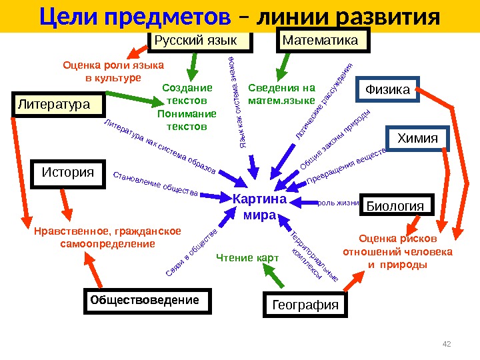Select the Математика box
click(x=322, y=41)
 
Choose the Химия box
click(x=418, y=139)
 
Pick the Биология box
click(x=397, y=206)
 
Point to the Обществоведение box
click(x=145, y=301)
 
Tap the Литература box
click(x=60, y=105)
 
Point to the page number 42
click(x=447, y=343)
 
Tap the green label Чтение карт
click(x=243, y=258)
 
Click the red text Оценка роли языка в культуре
click(x=113, y=71)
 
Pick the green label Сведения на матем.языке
click(x=281, y=95)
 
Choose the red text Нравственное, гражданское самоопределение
click(x=107, y=238)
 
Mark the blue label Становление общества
click(x=157, y=186)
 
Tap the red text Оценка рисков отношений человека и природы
click(x=397, y=252)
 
